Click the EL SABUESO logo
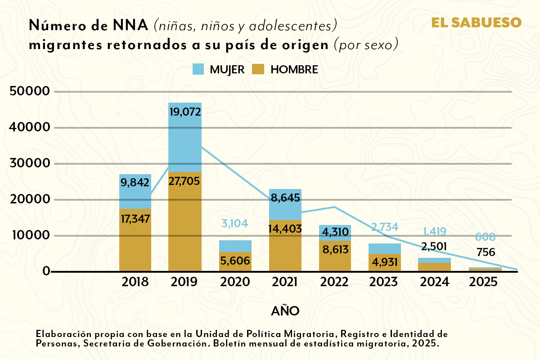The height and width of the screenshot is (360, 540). point(477,22)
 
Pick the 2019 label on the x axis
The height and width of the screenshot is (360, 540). point(184,282)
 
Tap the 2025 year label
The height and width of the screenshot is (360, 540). point(484,282)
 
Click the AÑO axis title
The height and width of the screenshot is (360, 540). point(285,311)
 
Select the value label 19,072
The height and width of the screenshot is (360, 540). point(185,111)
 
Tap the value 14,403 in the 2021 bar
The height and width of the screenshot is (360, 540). point(285,228)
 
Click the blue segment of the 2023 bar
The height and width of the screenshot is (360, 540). point(384,248)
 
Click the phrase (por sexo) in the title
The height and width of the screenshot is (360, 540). point(366,45)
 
